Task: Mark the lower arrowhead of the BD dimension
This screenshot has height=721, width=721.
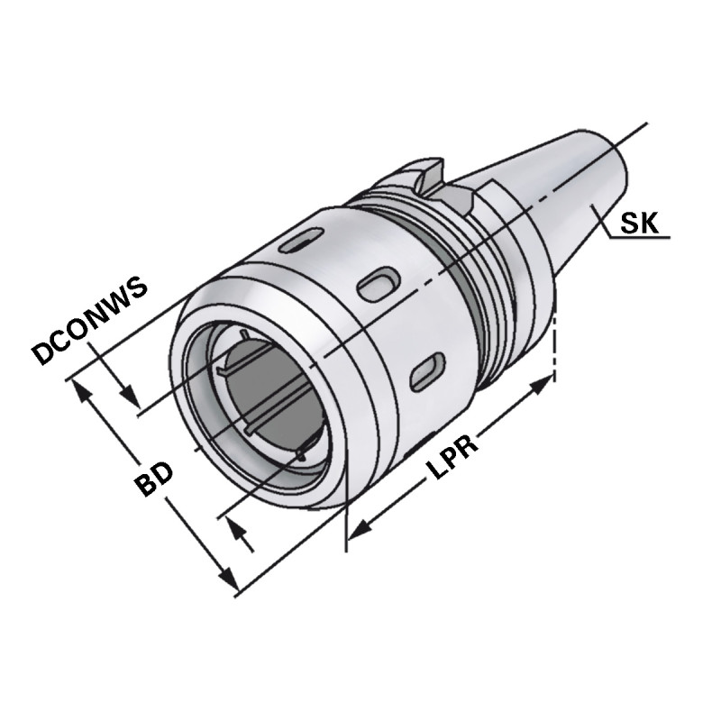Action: click(227, 581)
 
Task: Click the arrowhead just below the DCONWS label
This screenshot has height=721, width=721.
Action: click(130, 397)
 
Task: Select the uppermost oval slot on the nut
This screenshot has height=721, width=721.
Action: click(298, 242)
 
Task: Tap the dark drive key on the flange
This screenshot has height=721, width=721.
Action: click(423, 170)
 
